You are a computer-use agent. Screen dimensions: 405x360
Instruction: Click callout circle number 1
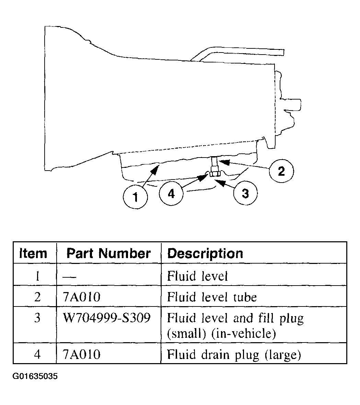(136, 197)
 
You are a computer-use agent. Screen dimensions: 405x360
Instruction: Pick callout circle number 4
(171, 193)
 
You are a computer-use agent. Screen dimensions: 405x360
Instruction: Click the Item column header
(33, 253)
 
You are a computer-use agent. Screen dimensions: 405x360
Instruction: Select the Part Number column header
(108, 253)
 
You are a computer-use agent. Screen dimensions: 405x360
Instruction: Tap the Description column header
(205, 253)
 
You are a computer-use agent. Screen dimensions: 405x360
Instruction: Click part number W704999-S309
(107, 318)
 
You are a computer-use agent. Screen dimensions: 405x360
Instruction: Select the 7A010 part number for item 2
(82, 297)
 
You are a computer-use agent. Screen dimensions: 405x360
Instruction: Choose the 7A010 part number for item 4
(82, 354)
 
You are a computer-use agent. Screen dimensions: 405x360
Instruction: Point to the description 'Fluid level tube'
(211, 297)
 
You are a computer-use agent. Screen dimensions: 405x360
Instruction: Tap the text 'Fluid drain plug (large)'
(234, 354)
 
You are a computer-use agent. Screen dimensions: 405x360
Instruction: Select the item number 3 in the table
(37, 318)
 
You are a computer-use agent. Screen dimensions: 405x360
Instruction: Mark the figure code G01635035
(35, 376)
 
